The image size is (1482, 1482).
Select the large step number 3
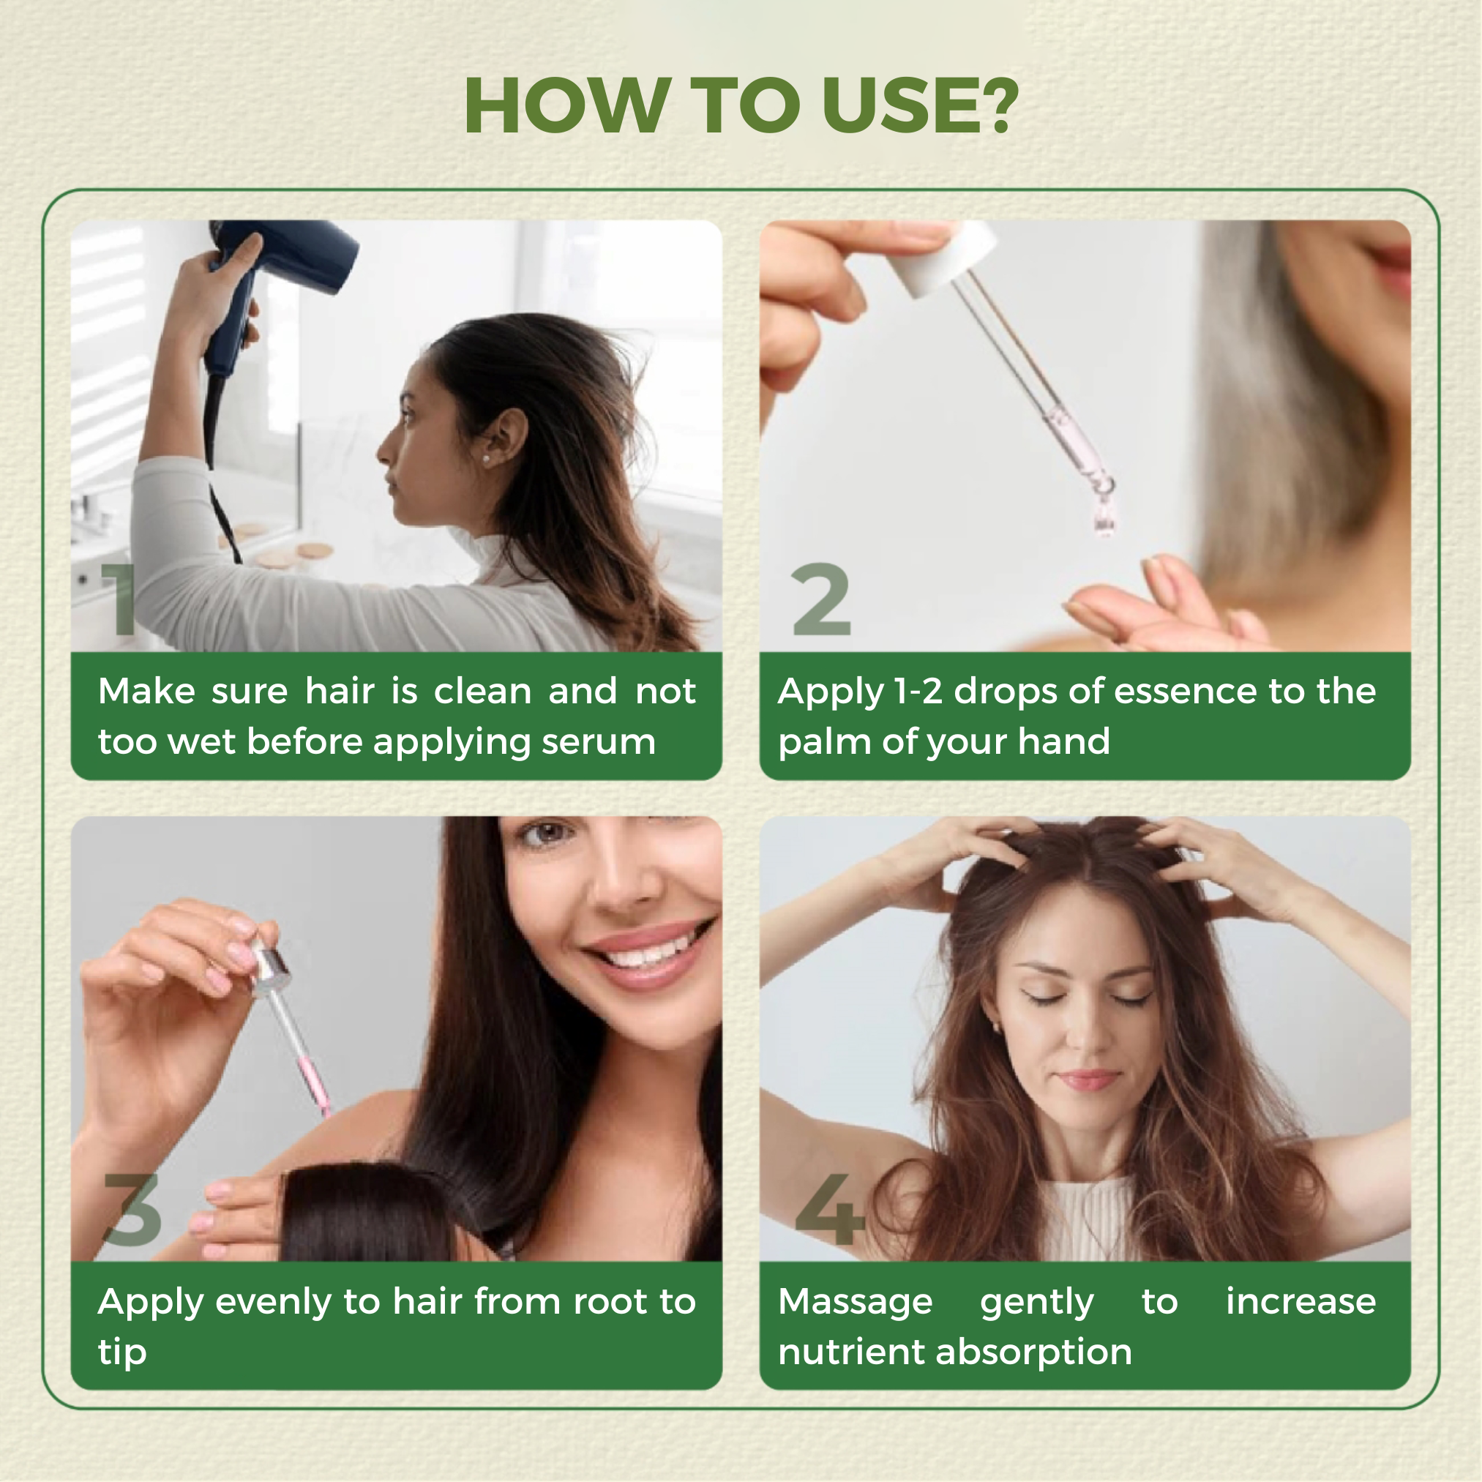click(132, 1210)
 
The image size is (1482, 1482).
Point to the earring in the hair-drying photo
click(484, 459)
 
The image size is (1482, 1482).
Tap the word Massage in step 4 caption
click(856, 1303)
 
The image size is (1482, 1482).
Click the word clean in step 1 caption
click(482, 691)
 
